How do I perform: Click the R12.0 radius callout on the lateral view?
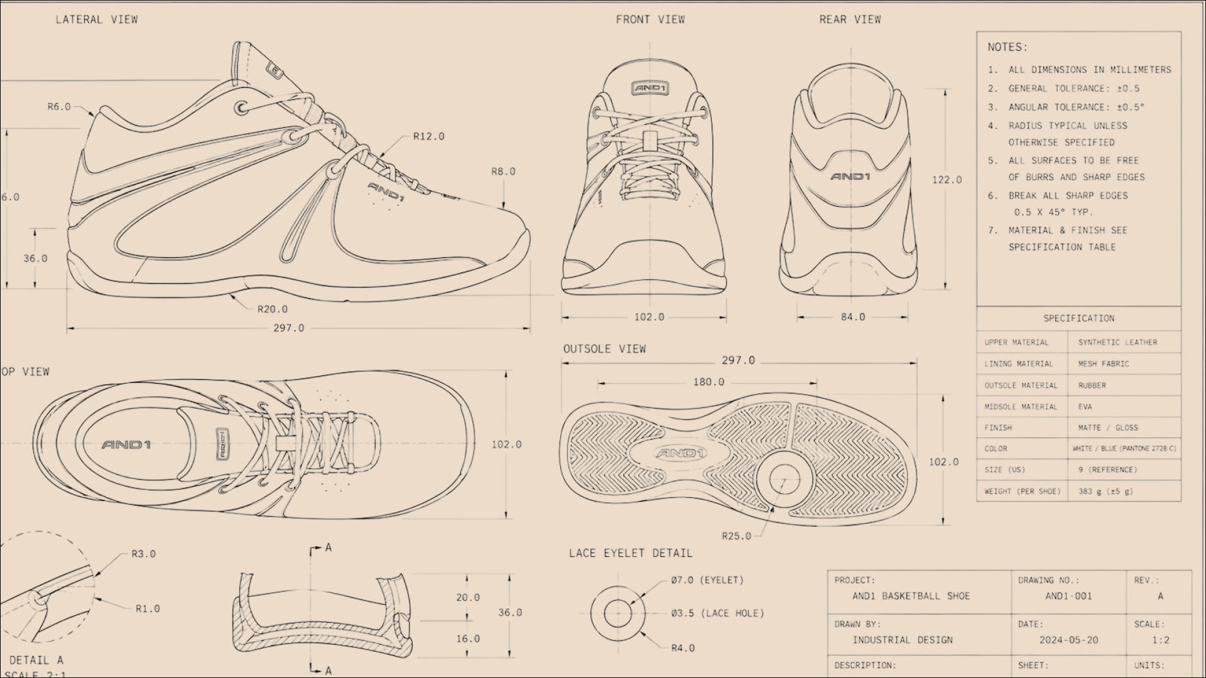(428, 136)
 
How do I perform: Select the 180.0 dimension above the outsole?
(709, 382)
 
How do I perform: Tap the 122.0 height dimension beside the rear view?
(947, 180)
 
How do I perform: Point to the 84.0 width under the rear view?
(853, 317)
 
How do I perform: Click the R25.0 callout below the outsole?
(736, 535)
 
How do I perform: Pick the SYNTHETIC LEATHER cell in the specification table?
(1117, 342)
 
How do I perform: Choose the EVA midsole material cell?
(1085, 407)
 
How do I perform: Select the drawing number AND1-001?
(1068, 596)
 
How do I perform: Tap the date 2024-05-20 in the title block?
(1068, 640)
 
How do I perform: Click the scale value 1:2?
(1160, 640)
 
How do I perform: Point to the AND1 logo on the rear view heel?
(850, 176)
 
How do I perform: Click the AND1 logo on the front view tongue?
(650, 89)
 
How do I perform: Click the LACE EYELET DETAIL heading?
(631, 553)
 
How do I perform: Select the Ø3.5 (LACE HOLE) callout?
(717, 613)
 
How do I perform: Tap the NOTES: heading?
(1008, 47)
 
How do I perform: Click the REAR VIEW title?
(850, 19)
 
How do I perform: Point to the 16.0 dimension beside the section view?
(468, 638)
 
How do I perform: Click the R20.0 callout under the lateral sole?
(272, 309)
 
